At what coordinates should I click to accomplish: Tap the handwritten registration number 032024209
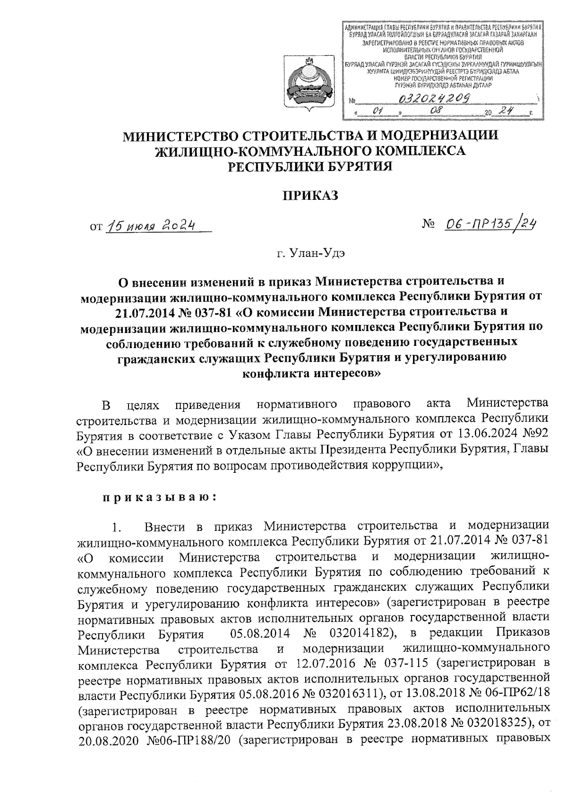[435, 98]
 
